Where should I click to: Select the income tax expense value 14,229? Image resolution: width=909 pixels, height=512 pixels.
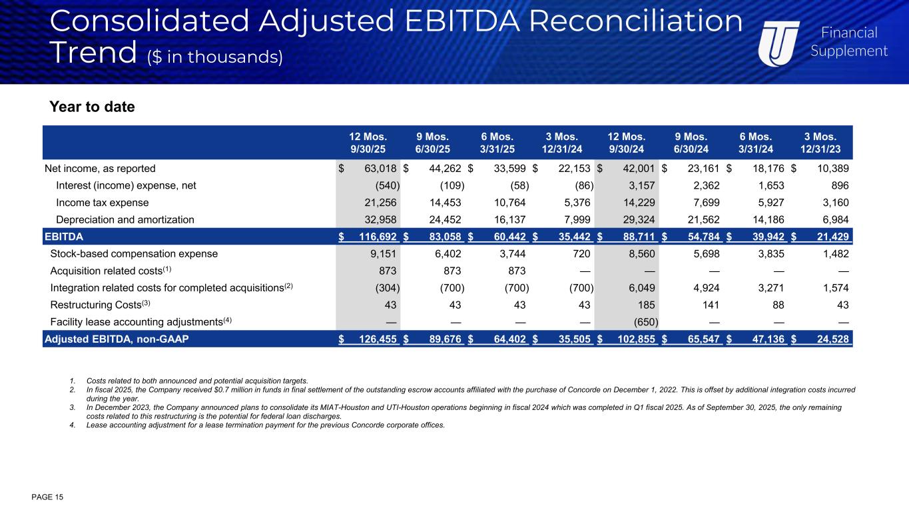639,203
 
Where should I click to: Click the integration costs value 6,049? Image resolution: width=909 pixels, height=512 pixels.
641,288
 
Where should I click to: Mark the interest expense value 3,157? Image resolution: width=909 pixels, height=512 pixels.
641,186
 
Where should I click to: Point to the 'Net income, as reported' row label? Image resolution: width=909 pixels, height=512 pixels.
99,169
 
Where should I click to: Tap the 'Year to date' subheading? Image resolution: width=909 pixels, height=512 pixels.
92,107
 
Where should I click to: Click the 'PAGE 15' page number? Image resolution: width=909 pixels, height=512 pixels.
47,497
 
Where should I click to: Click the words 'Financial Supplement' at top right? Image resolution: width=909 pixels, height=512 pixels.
848,41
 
